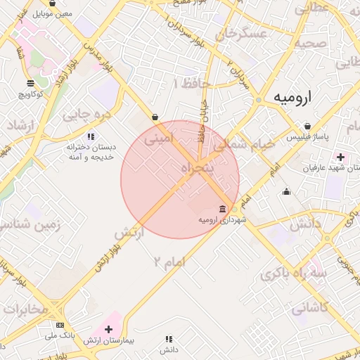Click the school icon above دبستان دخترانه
tap(90, 136)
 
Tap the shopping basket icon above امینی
tap(155, 117)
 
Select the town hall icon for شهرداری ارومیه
tap(222, 209)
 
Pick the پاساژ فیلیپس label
tap(304, 139)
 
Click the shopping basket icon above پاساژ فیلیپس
tap(308, 127)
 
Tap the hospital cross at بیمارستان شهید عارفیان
tap(342, 156)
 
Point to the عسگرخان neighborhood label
tap(244, 34)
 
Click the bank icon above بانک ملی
tap(60, 326)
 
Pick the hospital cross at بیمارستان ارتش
tap(108, 328)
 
